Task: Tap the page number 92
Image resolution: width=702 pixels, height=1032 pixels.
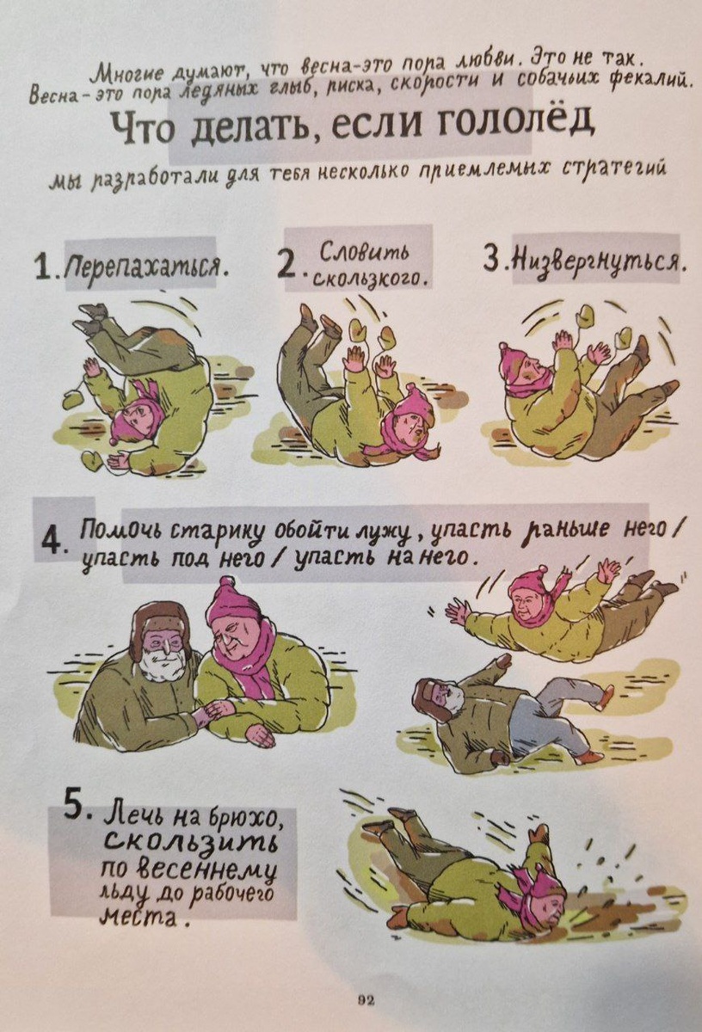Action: point(366,998)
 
